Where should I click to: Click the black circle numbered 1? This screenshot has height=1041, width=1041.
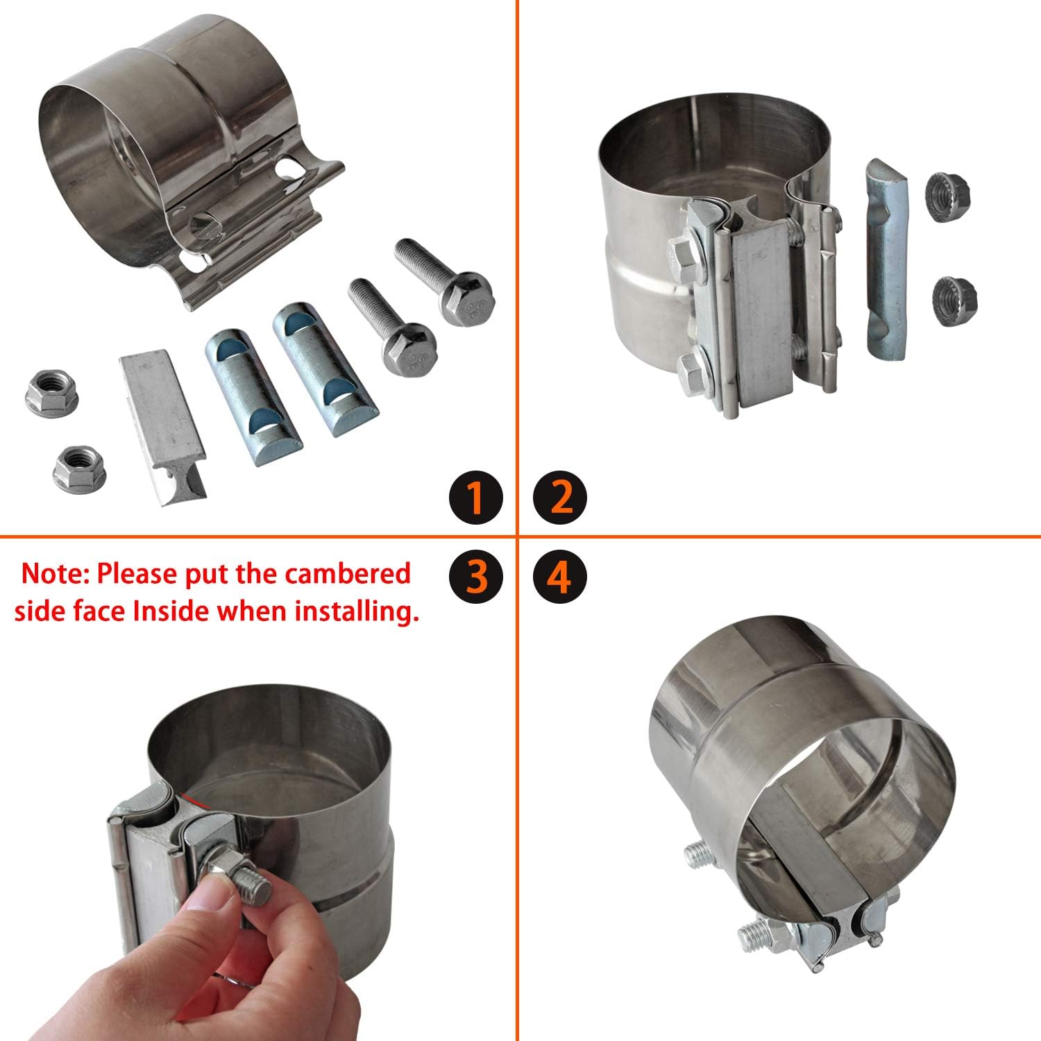coord(475,497)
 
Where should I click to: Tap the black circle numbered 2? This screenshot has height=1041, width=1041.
coord(560,497)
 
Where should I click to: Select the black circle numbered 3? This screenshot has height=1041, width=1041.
coord(475,576)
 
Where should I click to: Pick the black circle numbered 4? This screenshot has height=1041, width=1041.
coord(560,576)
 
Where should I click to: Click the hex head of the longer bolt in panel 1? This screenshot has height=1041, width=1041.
coord(465,298)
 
